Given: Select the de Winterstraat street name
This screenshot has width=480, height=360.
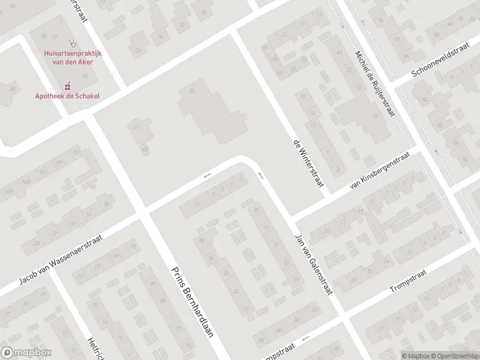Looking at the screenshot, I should click(x=307, y=163).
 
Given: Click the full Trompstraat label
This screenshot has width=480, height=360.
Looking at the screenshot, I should click(x=407, y=281).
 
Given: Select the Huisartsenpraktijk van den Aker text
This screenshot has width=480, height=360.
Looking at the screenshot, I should click(x=73, y=57).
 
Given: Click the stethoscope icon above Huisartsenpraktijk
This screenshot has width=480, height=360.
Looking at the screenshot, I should click(x=73, y=43).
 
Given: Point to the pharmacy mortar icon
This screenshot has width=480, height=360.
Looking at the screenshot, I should click(x=68, y=85).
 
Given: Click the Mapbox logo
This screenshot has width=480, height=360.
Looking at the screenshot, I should click(x=26, y=353).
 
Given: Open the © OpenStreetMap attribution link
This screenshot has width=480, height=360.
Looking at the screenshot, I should click(x=455, y=355).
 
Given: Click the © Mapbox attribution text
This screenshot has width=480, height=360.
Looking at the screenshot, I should click(x=415, y=355).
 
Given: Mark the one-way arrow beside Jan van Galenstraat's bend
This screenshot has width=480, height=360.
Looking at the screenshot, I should click(x=261, y=175).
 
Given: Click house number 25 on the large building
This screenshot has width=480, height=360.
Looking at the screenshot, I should click(x=192, y=90).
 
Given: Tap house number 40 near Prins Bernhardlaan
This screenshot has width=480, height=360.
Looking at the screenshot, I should click(x=145, y=149).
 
